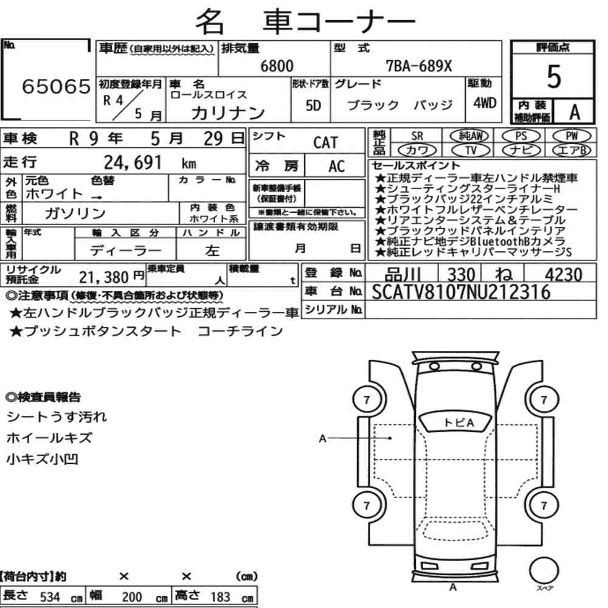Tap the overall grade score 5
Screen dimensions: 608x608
coord(553,76)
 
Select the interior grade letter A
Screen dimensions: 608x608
coord(573,112)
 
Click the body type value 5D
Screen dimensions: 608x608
coord(314,106)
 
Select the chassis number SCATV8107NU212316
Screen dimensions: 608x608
coord(461,293)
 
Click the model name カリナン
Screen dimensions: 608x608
coord(228,112)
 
